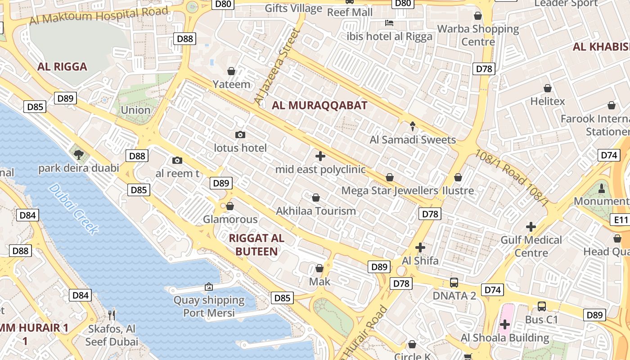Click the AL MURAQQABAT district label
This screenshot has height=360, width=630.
pyautogui.click(x=319, y=106)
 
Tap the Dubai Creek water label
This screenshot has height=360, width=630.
pyautogui.click(x=73, y=209)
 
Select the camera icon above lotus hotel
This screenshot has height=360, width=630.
pyautogui.click(x=240, y=135)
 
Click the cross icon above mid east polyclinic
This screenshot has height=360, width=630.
pyautogui.click(x=320, y=156)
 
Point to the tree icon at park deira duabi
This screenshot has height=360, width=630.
pyautogui.click(x=79, y=155)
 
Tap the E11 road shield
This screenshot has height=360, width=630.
pyautogui.click(x=621, y=220)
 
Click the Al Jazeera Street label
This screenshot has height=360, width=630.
pyautogui.click(x=277, y=66)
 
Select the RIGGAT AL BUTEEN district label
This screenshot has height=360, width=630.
pyautogui.click(x=256, y=245)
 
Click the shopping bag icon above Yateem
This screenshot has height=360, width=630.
pyautogui.click(x=231, y=71)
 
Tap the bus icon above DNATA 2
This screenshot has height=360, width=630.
pyautogui.click(x=454, y=283)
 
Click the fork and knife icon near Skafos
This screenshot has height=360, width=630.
pyautogui.click(x=112, y=315)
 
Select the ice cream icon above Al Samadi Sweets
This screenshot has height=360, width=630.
pyautogui.click(x=413, y=126)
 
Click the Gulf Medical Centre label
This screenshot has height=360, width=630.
pyautogui.click(x=531, y=246)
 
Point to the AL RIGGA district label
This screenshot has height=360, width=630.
pyautogui.click(x=62, y=67)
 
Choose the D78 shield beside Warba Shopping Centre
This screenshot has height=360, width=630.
pyautogui.click(x=484, y=69)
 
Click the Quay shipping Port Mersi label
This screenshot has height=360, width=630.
pyautogui.click(x=209, y=306)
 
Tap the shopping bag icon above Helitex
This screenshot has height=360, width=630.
pyautogui.click(x=548, y=88)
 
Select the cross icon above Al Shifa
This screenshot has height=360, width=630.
pyautogui.click(x=420, y=247)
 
